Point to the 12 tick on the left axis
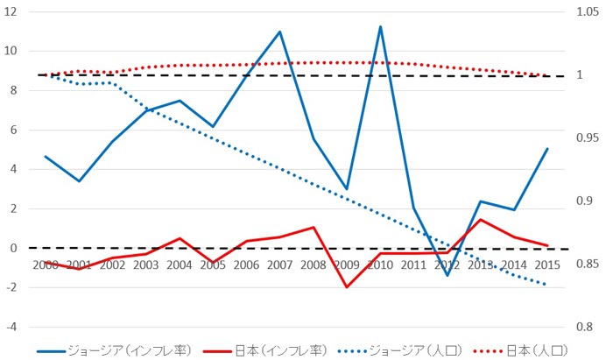click(12, 11)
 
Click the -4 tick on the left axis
click(12, 327)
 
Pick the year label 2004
click(179, 264)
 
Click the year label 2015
click(547, 264)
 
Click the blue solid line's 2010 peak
click(380, 26)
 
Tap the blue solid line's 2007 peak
click(279, 32)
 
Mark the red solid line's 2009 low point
click(347, 287)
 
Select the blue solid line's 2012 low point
click(447, 275)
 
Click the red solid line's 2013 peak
click(481, 219)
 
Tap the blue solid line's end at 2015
click(547, 149)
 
